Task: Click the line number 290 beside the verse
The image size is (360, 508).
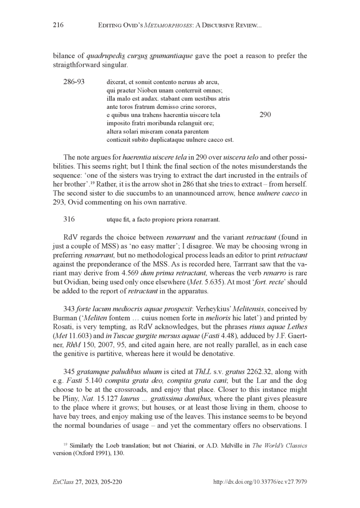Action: click(265, 115)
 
